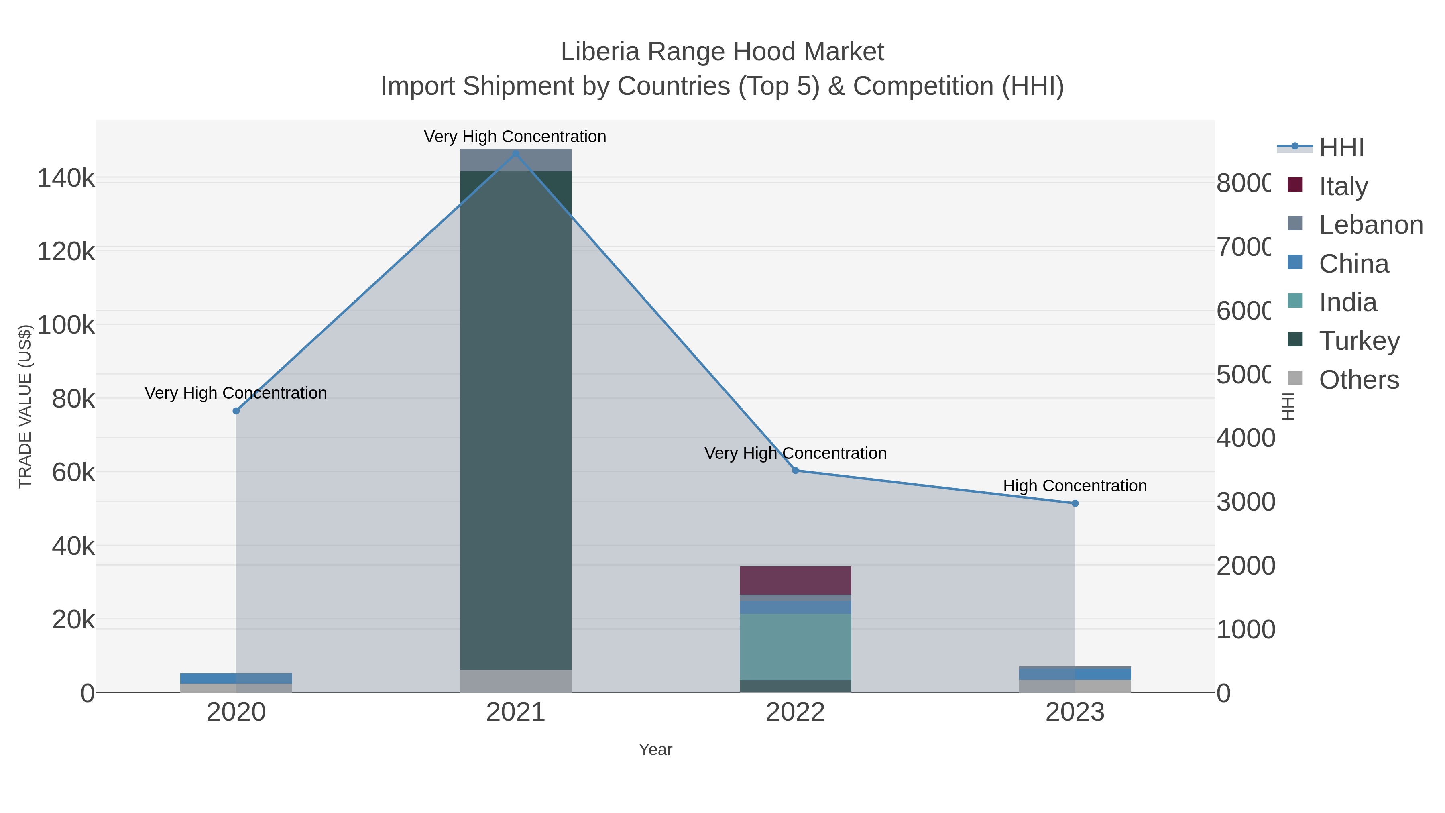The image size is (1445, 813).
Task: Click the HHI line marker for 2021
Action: point(515,153)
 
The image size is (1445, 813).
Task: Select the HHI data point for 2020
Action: point(236,411)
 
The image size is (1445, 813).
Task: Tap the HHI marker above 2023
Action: point(1075,503)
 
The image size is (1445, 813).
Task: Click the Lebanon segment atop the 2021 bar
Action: point(515,160)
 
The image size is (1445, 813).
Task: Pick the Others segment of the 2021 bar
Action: point(515,681)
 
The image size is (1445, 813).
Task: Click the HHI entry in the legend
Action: point(1341,147)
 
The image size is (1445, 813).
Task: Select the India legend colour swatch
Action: point(1294,301)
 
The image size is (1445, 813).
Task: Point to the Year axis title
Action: point(655,749)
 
